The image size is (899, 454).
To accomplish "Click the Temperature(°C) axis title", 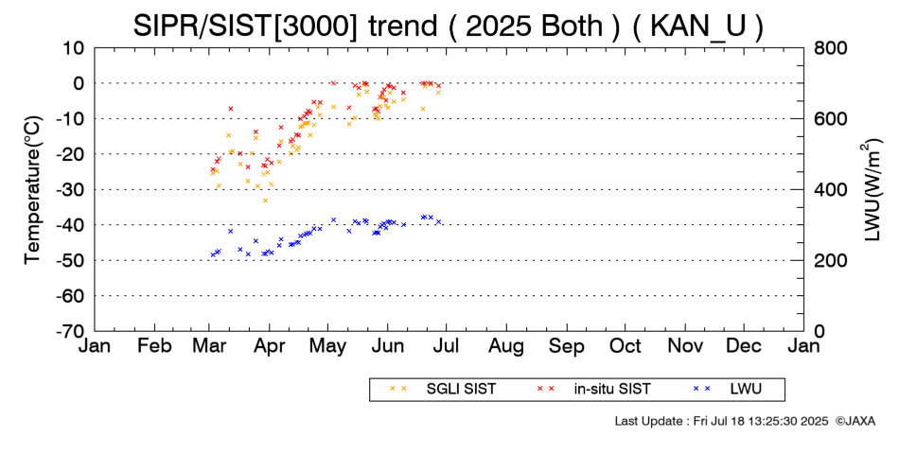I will pos(32,189).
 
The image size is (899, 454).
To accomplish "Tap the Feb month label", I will pos(154,346).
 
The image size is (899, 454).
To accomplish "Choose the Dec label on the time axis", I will pos(745,346).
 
